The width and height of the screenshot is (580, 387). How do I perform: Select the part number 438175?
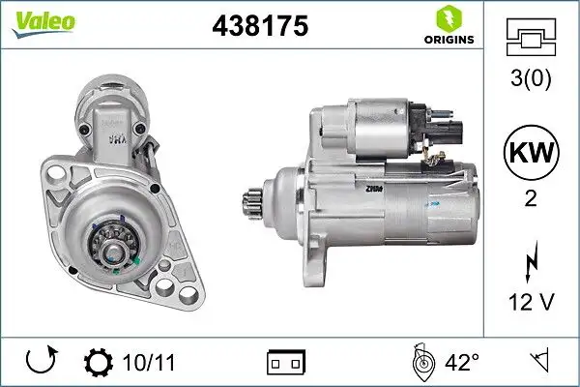tap(259, 27)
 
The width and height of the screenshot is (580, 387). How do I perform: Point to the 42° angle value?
tap(460, 363)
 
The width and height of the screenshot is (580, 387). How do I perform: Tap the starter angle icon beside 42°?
tap(420, 363)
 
